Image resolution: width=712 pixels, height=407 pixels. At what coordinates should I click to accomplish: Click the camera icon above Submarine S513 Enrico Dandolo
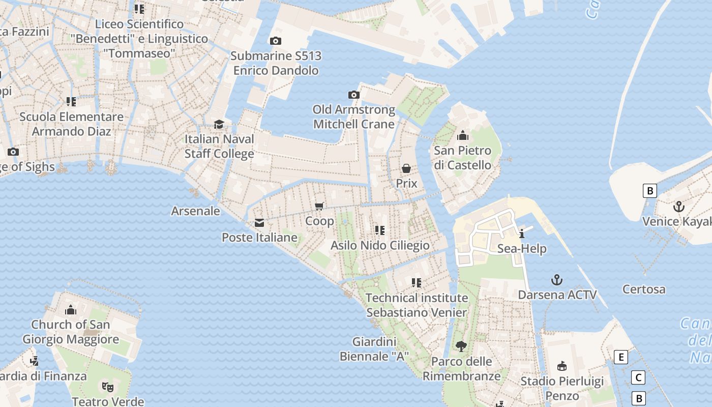pos(275,41)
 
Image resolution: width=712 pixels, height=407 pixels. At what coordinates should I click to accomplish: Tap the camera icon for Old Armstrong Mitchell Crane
pos(354,95)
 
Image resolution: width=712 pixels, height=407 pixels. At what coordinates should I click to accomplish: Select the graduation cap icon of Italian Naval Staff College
pos(219,124)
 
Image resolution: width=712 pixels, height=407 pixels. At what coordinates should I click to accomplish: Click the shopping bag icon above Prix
pos(406,168)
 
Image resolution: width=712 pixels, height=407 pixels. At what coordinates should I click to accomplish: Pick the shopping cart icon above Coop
pos(319,206)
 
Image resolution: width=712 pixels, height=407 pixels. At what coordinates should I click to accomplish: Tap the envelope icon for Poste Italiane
pos(259,223)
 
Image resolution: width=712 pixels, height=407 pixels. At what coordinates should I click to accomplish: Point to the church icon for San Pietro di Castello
pos(462,135)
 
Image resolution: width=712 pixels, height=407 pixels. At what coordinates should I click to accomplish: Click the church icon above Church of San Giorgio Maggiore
pos(71,309)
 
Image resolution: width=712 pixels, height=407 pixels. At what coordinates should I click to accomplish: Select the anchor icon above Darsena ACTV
pos(557,280)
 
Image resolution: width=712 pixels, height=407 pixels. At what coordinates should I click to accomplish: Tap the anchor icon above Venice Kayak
pos(678,207)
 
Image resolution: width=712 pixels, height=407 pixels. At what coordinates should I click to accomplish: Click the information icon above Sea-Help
pos(522,234)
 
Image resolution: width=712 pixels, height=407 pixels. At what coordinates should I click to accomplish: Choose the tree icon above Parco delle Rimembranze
pos(461,346)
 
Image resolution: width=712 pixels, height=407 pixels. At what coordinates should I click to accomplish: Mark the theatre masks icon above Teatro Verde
pos(107,387)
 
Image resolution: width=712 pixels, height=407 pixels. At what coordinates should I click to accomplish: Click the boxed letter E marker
pos(620,357)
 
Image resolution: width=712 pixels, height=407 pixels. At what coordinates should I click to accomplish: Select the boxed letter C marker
pos(638,377)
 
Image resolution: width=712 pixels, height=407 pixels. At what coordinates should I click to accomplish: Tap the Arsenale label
pos(195,211)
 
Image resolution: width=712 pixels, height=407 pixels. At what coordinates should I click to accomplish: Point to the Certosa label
pos(644,289)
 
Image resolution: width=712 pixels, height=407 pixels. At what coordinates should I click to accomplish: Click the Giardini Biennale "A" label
pos(374,349)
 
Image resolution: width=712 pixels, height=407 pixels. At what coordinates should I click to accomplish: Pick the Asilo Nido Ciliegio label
pos(380,245)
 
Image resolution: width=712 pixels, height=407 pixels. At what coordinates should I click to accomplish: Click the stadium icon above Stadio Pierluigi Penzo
pos(562,366)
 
